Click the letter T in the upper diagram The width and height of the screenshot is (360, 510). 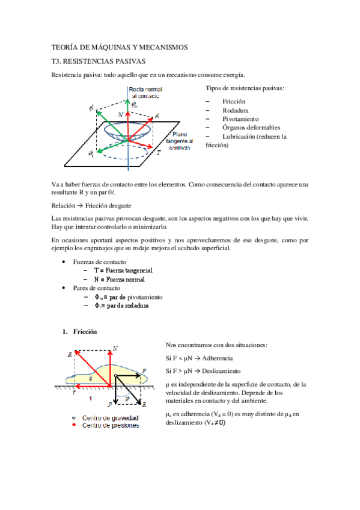click(159, 154)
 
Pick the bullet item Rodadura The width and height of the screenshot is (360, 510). click(235, 111)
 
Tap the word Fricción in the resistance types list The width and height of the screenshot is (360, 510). click(233, 102)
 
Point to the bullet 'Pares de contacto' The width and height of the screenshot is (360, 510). click(95, 288)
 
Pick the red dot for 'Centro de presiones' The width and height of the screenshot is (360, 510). click(73, 426)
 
